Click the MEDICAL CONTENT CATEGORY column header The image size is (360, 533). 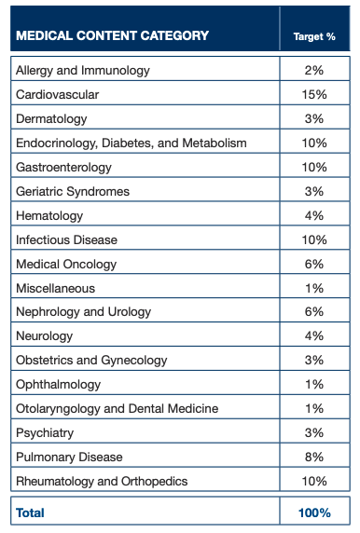coord(111,36)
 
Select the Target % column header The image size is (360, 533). coord(314,37)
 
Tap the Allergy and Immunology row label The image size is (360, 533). coord(82,71)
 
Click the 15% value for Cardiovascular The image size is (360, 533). coord(314,95)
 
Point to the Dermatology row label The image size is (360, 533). coord(51,119)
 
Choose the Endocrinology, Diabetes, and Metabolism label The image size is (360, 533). coord(131,143)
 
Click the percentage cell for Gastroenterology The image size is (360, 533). coord(314,168)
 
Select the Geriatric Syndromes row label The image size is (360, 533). coord(73,192)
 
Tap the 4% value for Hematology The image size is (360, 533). coord(314,216)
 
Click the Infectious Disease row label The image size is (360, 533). coord(66,240)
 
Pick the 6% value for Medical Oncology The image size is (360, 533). coord(314,265)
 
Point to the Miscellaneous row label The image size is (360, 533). coord(55,289)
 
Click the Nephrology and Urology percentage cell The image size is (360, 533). coord(314,312)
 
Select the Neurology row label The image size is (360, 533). coord(44,336)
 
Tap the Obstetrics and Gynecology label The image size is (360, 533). coord(91,361)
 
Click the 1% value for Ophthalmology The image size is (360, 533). coord(314,385)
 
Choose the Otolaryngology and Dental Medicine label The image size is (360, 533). coord(117,409)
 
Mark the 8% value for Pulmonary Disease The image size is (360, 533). coord(314,458)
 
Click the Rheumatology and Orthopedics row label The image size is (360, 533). coord(102,482)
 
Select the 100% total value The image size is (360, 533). coord(314,512)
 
